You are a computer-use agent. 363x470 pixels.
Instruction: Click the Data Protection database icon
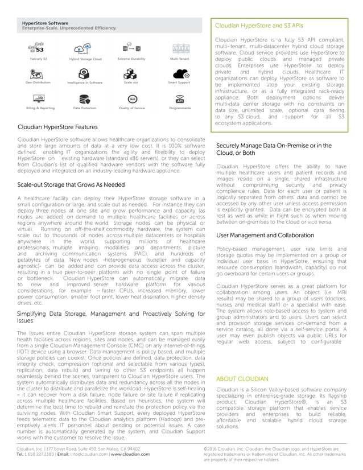(85, 97)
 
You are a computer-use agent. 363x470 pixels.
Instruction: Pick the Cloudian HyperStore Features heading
(57, 127)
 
